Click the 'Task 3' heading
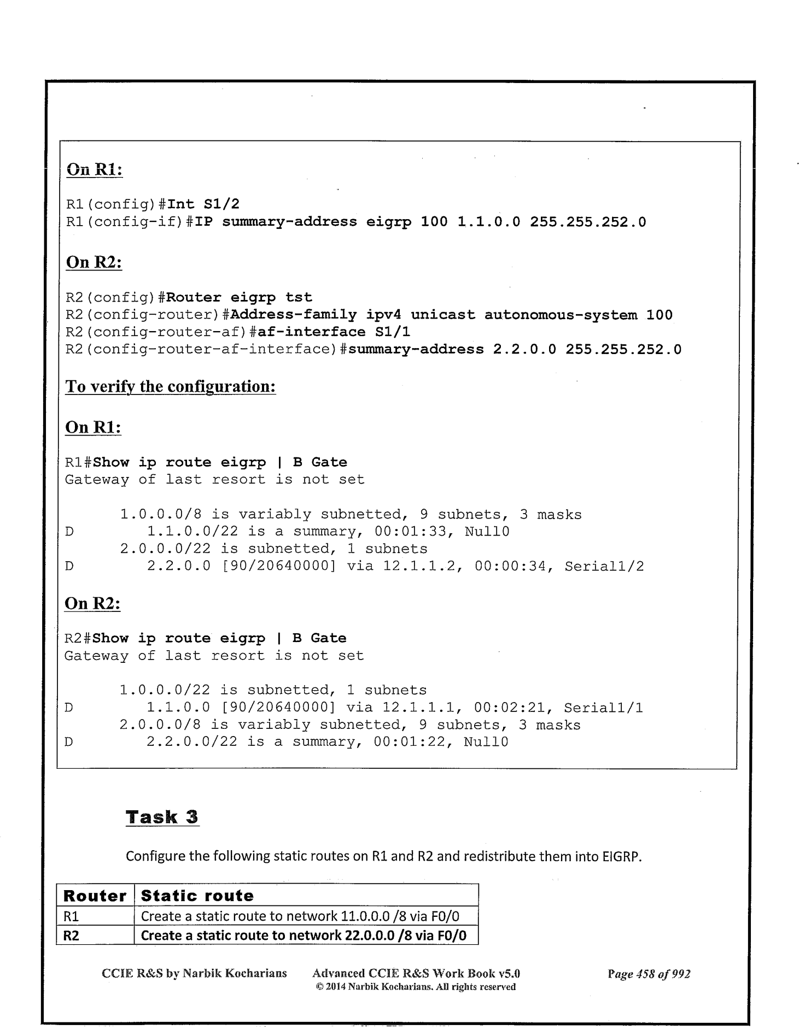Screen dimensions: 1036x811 (162, 817)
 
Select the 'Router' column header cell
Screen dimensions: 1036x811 (95, 896)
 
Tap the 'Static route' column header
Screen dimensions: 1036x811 (197, 896)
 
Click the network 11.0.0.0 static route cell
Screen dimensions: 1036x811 (300, 916)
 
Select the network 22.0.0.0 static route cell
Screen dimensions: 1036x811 (304, 935)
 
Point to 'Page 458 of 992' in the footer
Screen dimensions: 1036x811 (649, 974)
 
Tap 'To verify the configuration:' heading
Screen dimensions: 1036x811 (170, 387)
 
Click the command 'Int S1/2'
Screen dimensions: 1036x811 (203, 204)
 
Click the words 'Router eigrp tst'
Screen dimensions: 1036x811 (239, 298)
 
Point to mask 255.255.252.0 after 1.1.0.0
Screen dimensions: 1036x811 (588, 222)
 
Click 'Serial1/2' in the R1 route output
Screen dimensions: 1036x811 (604, 567)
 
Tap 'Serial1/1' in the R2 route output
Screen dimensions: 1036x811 (603, 708)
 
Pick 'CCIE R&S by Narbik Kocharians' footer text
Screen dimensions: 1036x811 (195, 974)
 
